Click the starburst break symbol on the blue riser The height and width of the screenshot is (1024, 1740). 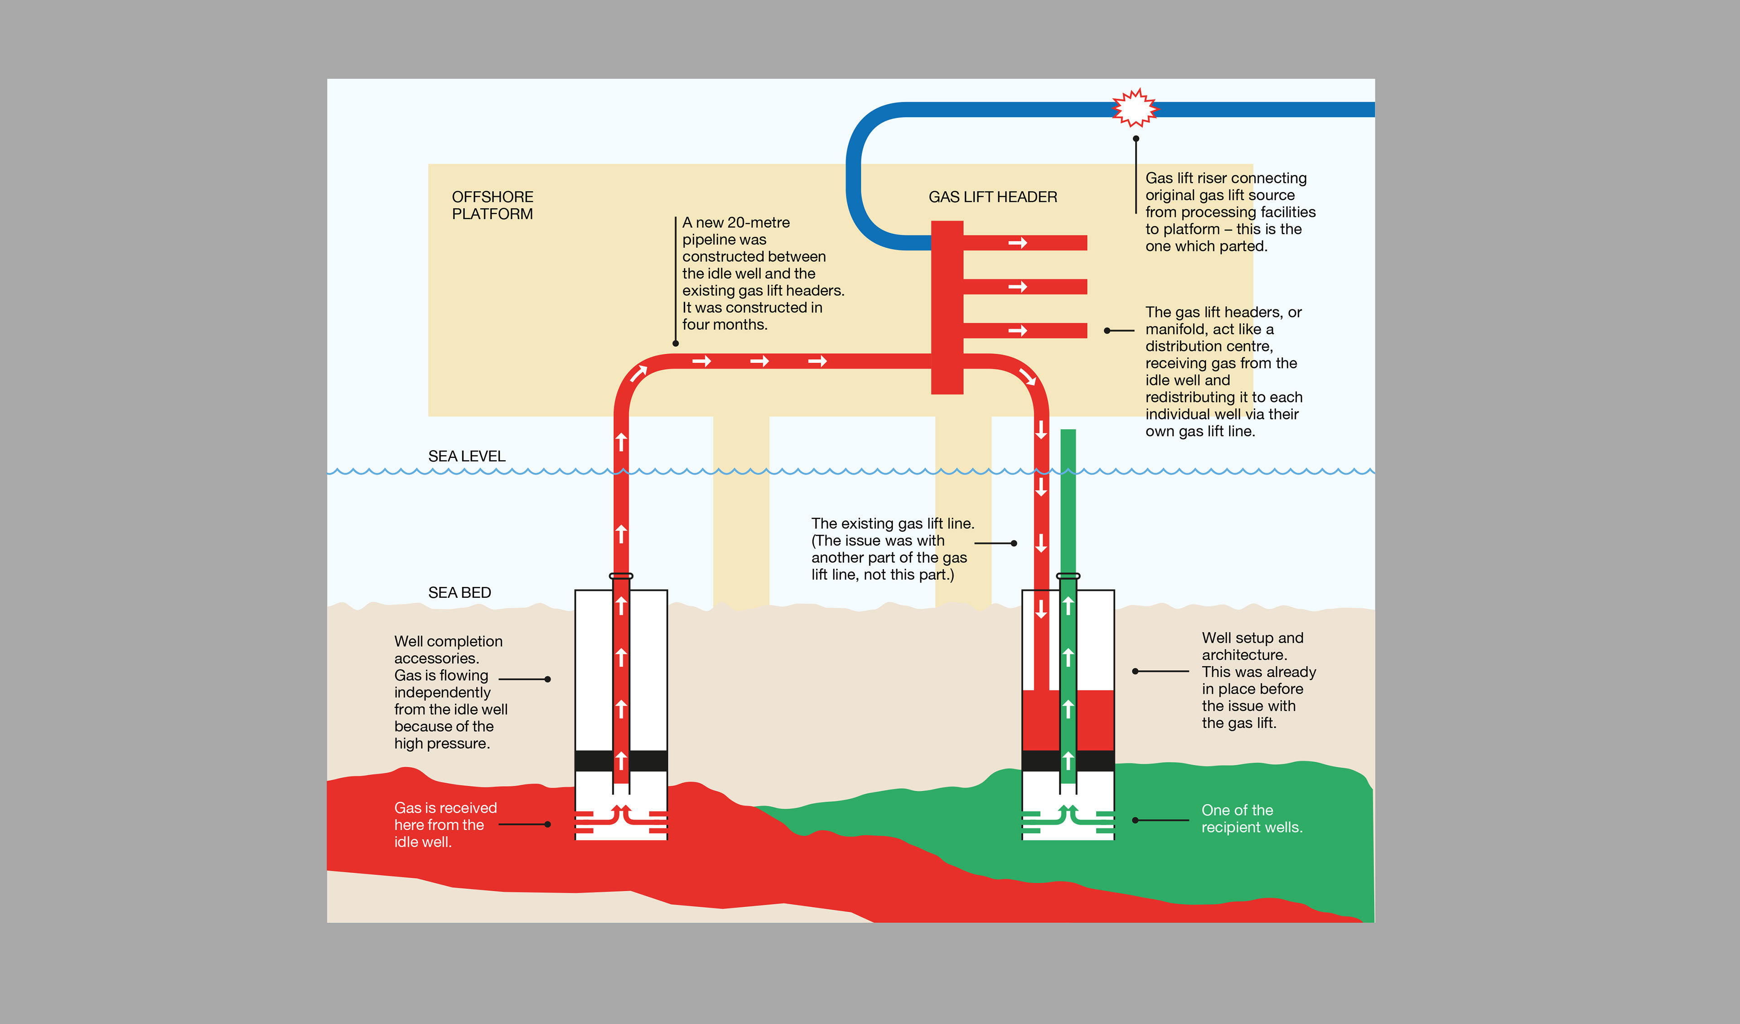[x=1135, y=108]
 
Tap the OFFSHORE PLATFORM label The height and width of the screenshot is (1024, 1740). [x=492, y=206]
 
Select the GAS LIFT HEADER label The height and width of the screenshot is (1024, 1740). [x=992, y=197]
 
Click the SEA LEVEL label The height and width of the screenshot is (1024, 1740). [x=467, y=456]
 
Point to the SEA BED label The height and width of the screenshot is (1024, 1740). [x=459, y=593]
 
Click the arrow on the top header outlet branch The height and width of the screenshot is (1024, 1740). [x=1018, y=243]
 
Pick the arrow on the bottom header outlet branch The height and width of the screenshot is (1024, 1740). [x=1018, y=331]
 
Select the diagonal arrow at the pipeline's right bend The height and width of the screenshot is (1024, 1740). [x=1027, y=376]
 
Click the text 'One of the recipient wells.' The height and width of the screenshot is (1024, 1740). [x=1251, y=818]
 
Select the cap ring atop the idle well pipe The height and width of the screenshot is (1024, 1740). [x=621, y=576]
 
